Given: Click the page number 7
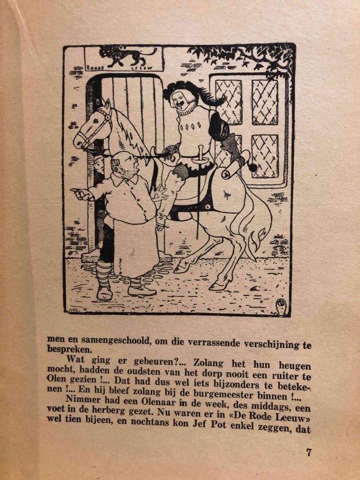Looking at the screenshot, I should pyautogui.click(x=309, y=452).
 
